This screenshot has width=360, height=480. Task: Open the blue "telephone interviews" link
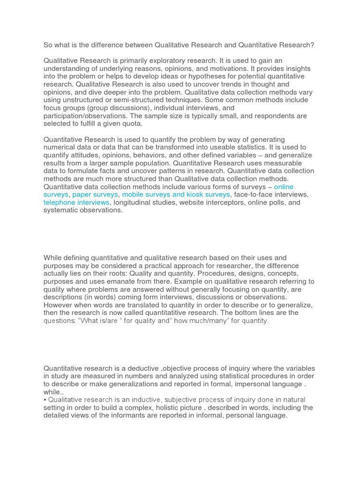pyautogui.click(x=76, y=202)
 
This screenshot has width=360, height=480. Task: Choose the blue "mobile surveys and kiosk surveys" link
pyautogui.click(x=176, y=195)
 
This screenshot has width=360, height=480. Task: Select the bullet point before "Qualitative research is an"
pyautogui.click(x=45, y=400)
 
